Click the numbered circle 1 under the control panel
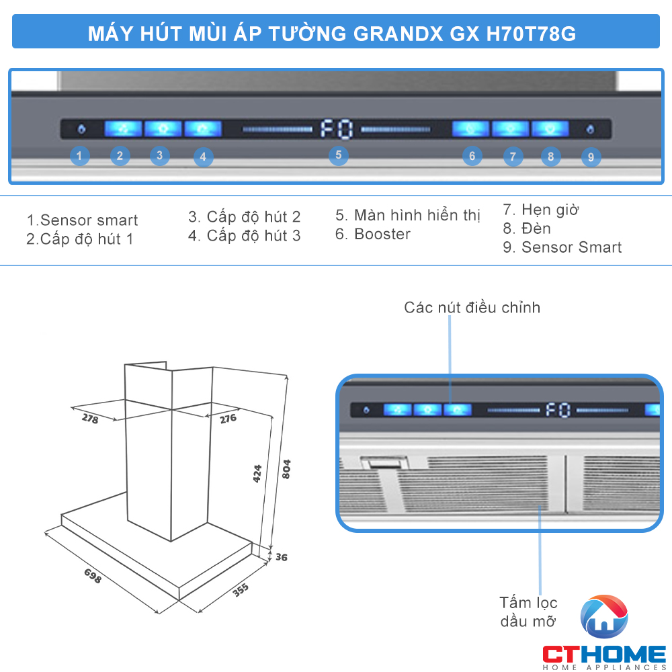click(79, 157)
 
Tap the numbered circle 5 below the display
click(339, 155)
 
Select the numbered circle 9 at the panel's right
click(591, 157)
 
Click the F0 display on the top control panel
click(336, 128)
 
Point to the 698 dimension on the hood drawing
click(93, 575)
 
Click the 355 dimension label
click(241, 589)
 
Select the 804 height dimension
click(286, 469)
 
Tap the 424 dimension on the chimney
click(257, 474)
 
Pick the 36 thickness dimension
click(281, 557)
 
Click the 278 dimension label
click(90, 419)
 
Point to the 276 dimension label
click(228, 419)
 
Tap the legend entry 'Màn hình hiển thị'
click(408, 216)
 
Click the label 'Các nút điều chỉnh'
click(472, 308)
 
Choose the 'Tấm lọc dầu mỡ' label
click(528, 612)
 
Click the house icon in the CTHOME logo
click(604, 617)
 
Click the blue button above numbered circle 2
click(122, 128)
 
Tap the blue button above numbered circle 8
click(550, 128)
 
